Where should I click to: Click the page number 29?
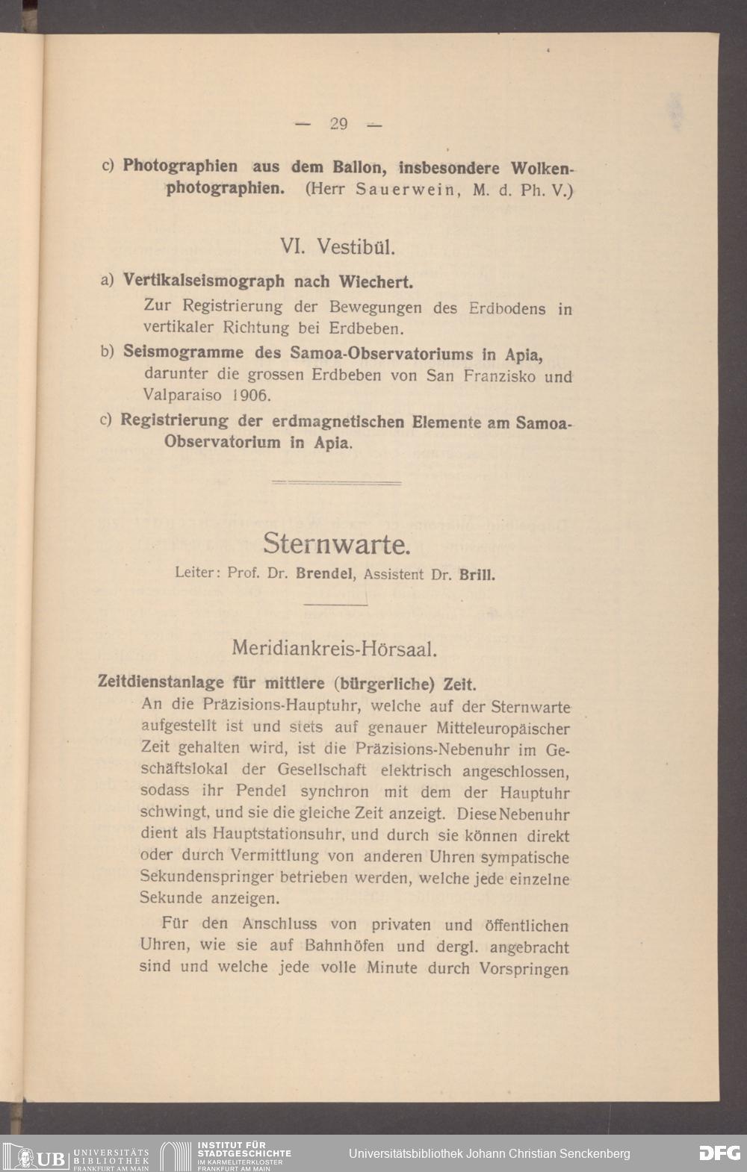click(338, 124)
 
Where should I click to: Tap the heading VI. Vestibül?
click(332, 246)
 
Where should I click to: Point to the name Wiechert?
click(376, 282)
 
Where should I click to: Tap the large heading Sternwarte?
click(336, 543)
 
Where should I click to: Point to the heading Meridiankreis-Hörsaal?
click(334, 648)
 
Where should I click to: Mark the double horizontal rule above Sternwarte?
click(336, 483)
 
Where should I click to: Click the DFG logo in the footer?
click(719, 1153)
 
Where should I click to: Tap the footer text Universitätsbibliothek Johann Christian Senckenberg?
click(489, 1153)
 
